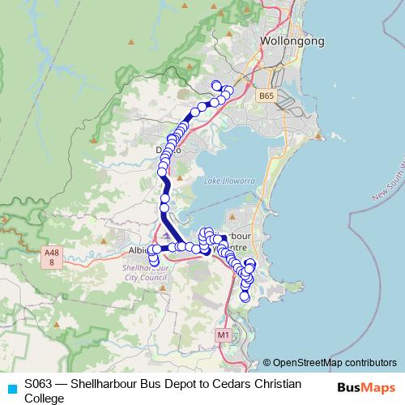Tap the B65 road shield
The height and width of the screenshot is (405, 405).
268,96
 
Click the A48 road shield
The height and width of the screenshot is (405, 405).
51,258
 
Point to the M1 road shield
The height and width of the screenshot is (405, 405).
224,334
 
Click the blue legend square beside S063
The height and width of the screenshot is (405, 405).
11,388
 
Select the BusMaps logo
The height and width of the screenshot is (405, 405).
366,386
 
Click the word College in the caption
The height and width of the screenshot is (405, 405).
45,398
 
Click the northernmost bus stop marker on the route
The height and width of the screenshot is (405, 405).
215,85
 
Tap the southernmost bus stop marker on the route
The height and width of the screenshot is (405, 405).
245,297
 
